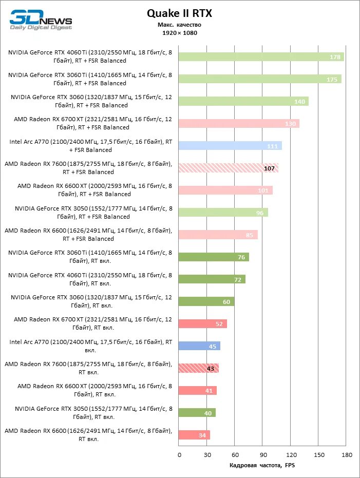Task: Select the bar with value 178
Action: [x=261, y=57]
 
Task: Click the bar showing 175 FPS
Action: [x=260, y=79]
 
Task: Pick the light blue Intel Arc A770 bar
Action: [x=230, y=146]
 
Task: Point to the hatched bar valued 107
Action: [x=229, y=168]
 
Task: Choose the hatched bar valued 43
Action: [x=199, y=368]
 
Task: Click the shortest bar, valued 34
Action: [x=194, y=435]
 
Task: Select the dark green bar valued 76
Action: [x=214, y=257]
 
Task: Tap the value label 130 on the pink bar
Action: [x=290, y=124]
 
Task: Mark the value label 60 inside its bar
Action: [x=226, y=302]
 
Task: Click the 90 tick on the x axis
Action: [x=262, y=455]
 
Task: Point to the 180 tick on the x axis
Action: [x=346, y=455]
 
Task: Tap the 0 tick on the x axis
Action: [x=179, y=455]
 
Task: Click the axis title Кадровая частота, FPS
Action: [x=262, y=466]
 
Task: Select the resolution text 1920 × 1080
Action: [x=179, y=33]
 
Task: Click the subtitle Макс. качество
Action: [x=179, y=25]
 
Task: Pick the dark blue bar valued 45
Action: [x=199, y=346]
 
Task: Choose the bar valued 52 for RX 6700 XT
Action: [x=203, y=324]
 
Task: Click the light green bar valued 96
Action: [x=223, y=213]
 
